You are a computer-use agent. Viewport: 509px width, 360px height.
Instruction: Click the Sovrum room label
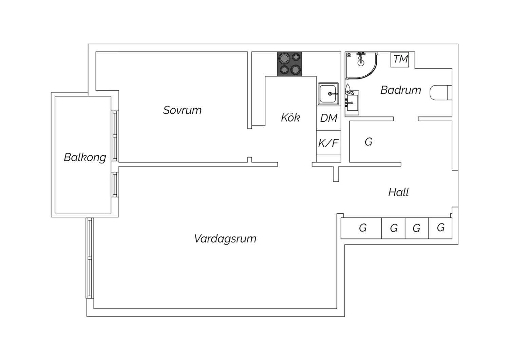tap(182, 110)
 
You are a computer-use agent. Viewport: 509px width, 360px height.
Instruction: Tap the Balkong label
tap(85, 157)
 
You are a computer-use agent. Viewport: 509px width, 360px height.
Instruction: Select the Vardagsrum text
tap(225, 238)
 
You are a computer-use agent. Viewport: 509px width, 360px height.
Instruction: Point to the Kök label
tap(290, 118)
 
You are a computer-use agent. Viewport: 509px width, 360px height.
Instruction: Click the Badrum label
tap(401, 90)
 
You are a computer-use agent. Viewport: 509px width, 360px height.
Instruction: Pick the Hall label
tap(398, 192)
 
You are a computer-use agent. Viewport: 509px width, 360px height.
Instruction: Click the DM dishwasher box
tap(328, 118)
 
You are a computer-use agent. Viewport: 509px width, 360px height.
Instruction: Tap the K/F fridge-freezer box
tap(328, 143)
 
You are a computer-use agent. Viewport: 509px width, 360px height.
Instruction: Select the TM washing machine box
tap(400, 59)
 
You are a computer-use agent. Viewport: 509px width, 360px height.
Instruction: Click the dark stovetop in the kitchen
tap(289, 64)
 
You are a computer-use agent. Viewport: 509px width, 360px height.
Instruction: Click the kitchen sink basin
tap(328, 94)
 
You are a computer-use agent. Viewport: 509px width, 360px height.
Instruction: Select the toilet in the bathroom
tap(440, 93)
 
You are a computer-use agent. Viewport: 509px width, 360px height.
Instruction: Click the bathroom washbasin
tap(352, 103)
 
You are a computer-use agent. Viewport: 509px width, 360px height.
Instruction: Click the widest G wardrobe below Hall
tap(361, 228)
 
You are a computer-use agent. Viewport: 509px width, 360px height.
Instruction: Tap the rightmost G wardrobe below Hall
tap(440, 228)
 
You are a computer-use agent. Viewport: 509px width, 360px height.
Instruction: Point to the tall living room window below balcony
tap(90, 258)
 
